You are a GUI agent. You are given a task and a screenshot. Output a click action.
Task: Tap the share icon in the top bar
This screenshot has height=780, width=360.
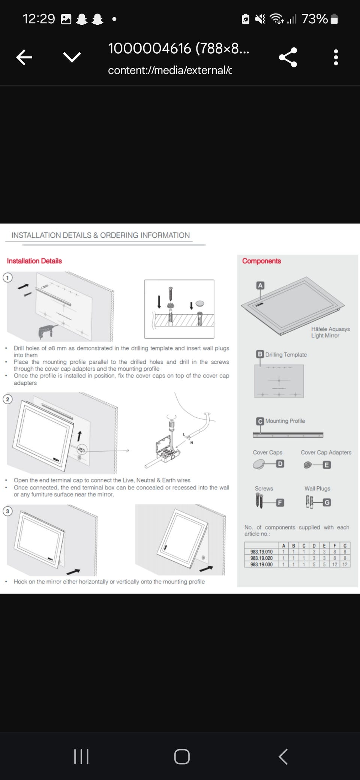point(288,57)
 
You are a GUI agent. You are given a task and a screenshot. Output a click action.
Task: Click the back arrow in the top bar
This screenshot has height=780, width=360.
point(24,57)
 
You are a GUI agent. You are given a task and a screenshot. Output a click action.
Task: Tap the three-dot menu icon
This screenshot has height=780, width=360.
point(336,57)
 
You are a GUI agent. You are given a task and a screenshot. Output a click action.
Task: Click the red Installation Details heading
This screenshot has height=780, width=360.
point(34,261)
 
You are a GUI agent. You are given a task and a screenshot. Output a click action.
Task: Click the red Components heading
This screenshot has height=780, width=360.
point(261,261)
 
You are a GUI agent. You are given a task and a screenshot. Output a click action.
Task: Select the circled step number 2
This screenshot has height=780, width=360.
point(7,399)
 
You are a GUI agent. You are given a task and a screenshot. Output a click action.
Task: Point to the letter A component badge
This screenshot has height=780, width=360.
point(260,285)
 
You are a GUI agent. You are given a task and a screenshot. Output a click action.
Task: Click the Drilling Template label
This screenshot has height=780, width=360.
point(286,355)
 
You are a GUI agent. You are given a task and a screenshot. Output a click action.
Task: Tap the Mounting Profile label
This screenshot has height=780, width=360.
point(285,421)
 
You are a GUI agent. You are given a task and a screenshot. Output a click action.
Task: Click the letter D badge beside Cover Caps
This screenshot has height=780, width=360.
point(280,464)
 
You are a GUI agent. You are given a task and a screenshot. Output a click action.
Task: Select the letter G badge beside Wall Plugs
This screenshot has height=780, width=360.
point(327,502)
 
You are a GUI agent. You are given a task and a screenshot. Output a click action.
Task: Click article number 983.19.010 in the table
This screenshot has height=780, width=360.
point(261,552)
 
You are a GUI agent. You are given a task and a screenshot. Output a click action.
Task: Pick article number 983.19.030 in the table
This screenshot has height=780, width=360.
point(261,564)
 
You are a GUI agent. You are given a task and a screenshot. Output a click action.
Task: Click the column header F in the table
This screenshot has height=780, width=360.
point(334,546)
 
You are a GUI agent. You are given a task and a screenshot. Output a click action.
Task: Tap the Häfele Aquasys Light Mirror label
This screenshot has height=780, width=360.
point(330,332)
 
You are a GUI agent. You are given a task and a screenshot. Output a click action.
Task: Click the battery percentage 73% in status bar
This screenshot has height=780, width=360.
point(314,19)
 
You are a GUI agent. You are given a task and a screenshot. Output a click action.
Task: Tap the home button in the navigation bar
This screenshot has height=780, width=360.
point(182,756)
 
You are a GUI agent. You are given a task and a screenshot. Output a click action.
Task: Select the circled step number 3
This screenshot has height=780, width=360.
point(7,511)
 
